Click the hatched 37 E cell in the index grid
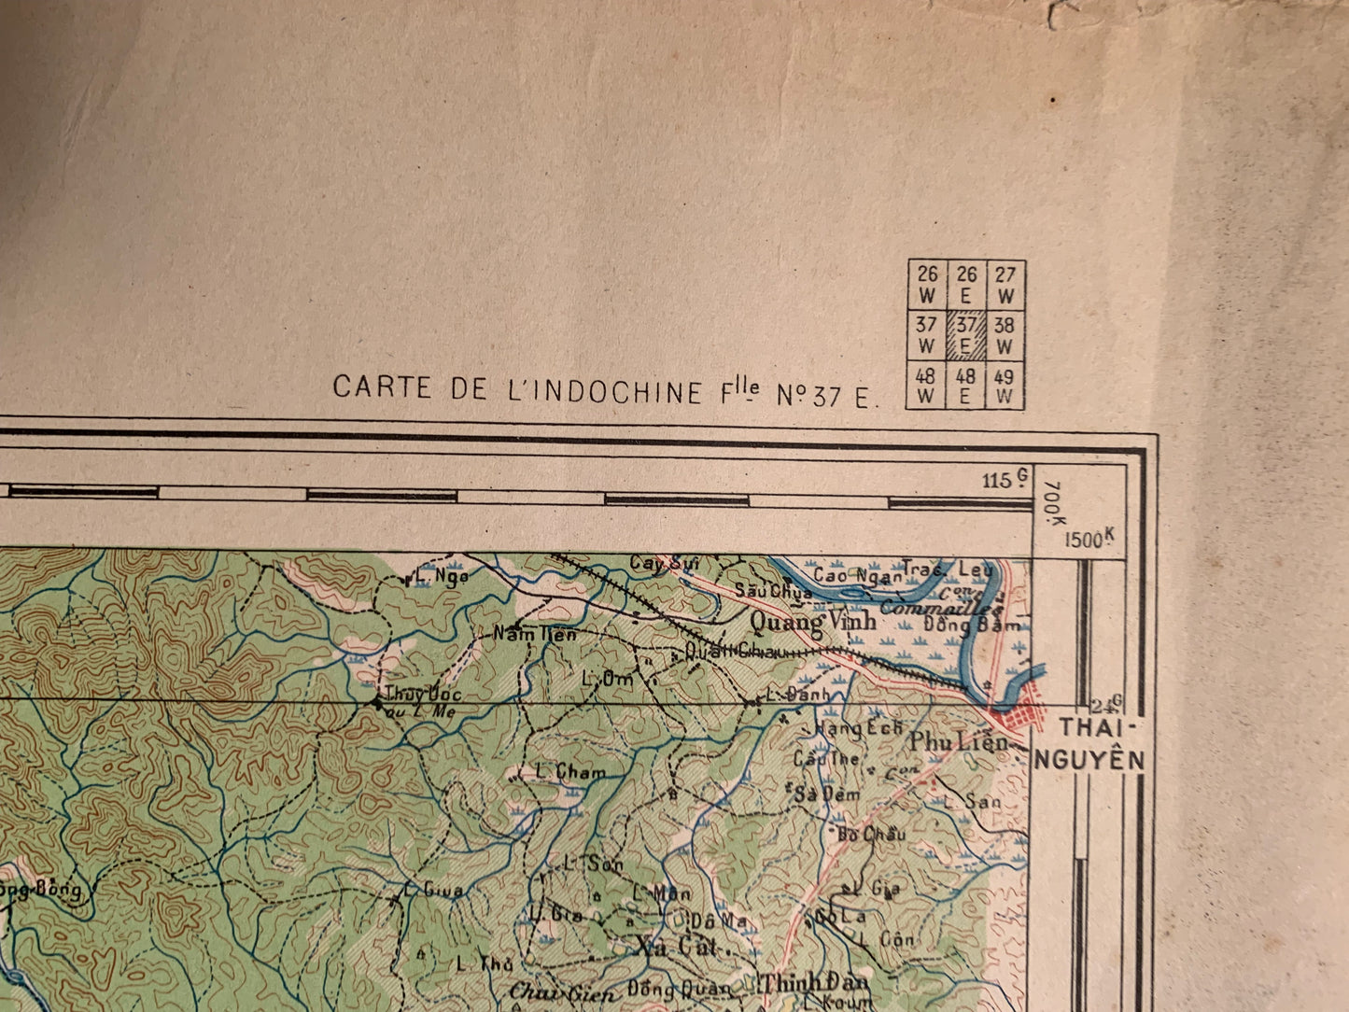click(965, 335)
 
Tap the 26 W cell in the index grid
click(927, 284)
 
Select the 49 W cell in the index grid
click(1005, 387)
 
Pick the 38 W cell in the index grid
click(1005, 335)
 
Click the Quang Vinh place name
click(813, 620)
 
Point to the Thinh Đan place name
click(815, 982)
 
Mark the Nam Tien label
click(535, 634)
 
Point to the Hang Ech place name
click(858, 728)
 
